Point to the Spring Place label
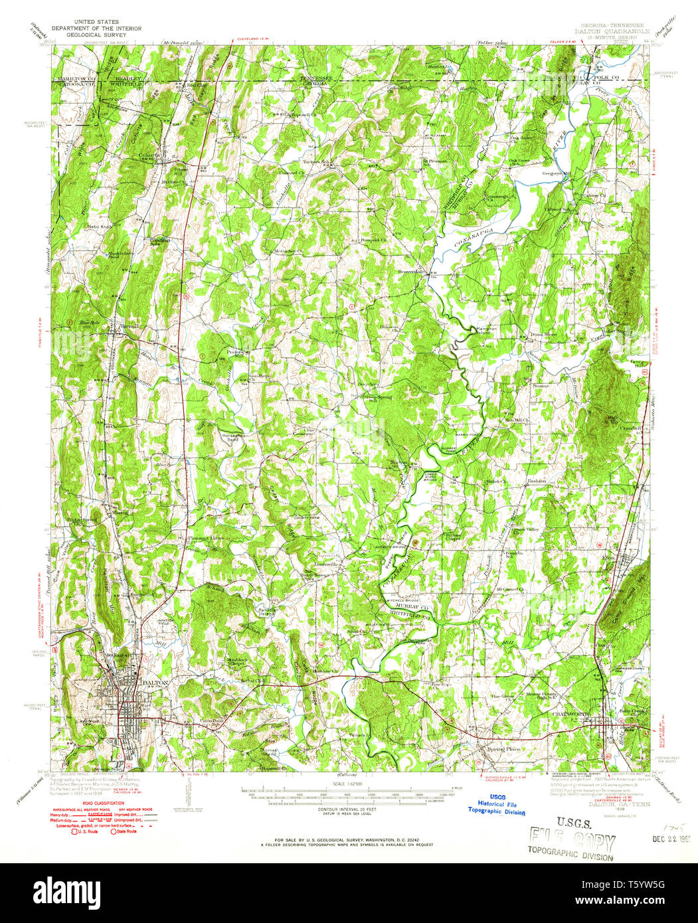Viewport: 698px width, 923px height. (504, 749)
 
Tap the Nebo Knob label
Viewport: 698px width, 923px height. (98, 226)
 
